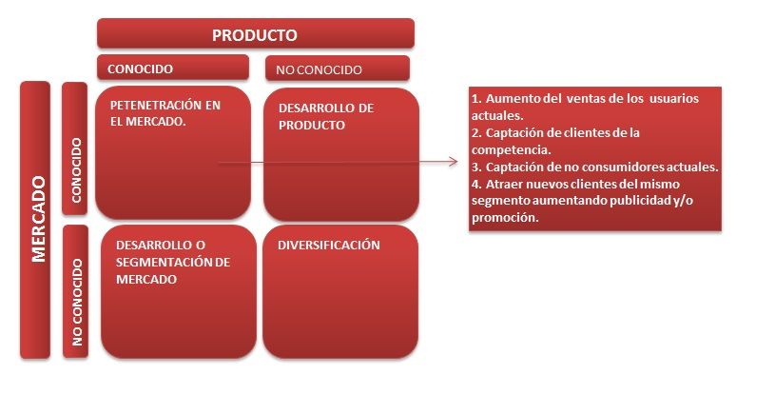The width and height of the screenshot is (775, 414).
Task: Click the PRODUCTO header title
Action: tap(255, 35)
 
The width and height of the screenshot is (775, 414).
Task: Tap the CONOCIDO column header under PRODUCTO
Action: tap(140, 69)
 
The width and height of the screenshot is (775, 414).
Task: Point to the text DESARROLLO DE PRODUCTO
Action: tap(326, 116)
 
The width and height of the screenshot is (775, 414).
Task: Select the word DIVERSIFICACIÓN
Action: tap(329, 245)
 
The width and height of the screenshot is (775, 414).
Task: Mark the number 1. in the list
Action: tap(477, 99)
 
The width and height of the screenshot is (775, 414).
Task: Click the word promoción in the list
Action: tap(503, 217)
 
